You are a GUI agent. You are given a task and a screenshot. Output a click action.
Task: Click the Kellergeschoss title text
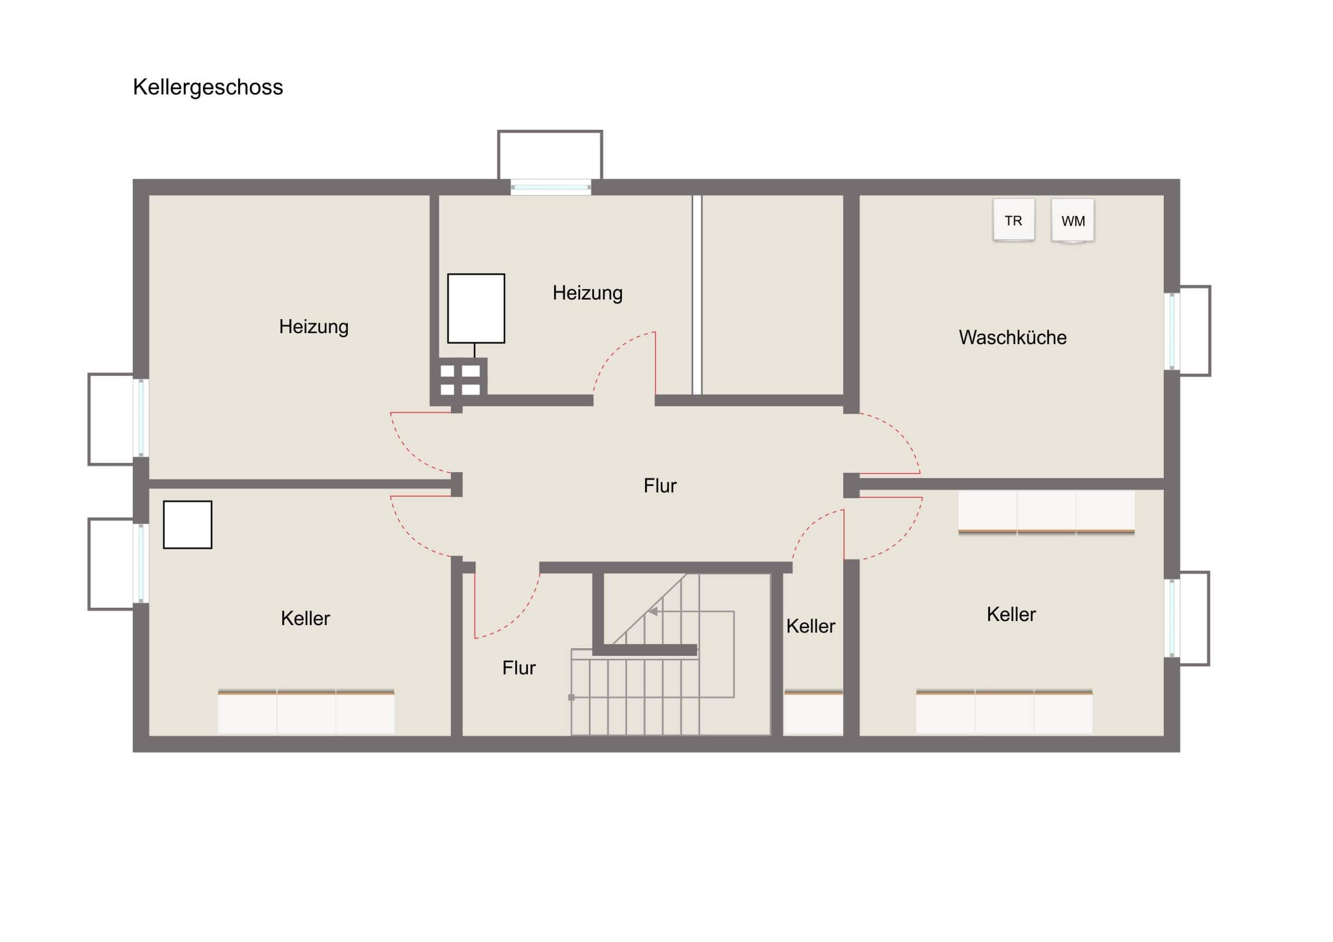(208, 87)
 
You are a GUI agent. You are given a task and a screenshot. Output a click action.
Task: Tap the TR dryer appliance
(1014, 220)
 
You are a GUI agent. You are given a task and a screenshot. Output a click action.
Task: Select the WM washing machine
(1073, 221)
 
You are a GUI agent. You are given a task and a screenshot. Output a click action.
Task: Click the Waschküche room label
(1013, 337)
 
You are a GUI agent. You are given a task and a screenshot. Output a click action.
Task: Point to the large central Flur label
(660, 486)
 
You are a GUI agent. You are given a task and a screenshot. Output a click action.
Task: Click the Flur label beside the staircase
(519, 668)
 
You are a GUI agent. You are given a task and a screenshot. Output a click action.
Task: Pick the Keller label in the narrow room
(810, 626)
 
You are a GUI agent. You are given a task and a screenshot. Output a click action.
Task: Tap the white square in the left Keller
(188, 525)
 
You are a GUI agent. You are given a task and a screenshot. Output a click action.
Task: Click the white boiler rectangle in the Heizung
(476, 308)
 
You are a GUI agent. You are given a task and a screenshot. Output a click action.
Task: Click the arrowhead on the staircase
(653, 611)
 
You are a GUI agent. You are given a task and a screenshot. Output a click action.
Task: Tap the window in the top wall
(551, 188)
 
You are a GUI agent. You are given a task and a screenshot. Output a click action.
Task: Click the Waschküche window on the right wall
(1172, 331)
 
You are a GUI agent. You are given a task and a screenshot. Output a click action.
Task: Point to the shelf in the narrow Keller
(813, 712)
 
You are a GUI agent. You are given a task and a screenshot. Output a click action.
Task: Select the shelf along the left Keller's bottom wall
(306, 711)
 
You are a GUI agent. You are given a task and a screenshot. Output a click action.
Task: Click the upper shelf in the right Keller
(1046, 513)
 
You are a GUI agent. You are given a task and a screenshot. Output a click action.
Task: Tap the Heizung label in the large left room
(314, 327)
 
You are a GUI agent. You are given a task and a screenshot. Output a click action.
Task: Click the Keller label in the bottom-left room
(305, 619)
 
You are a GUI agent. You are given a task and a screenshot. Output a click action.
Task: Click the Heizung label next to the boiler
(588, 293)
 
